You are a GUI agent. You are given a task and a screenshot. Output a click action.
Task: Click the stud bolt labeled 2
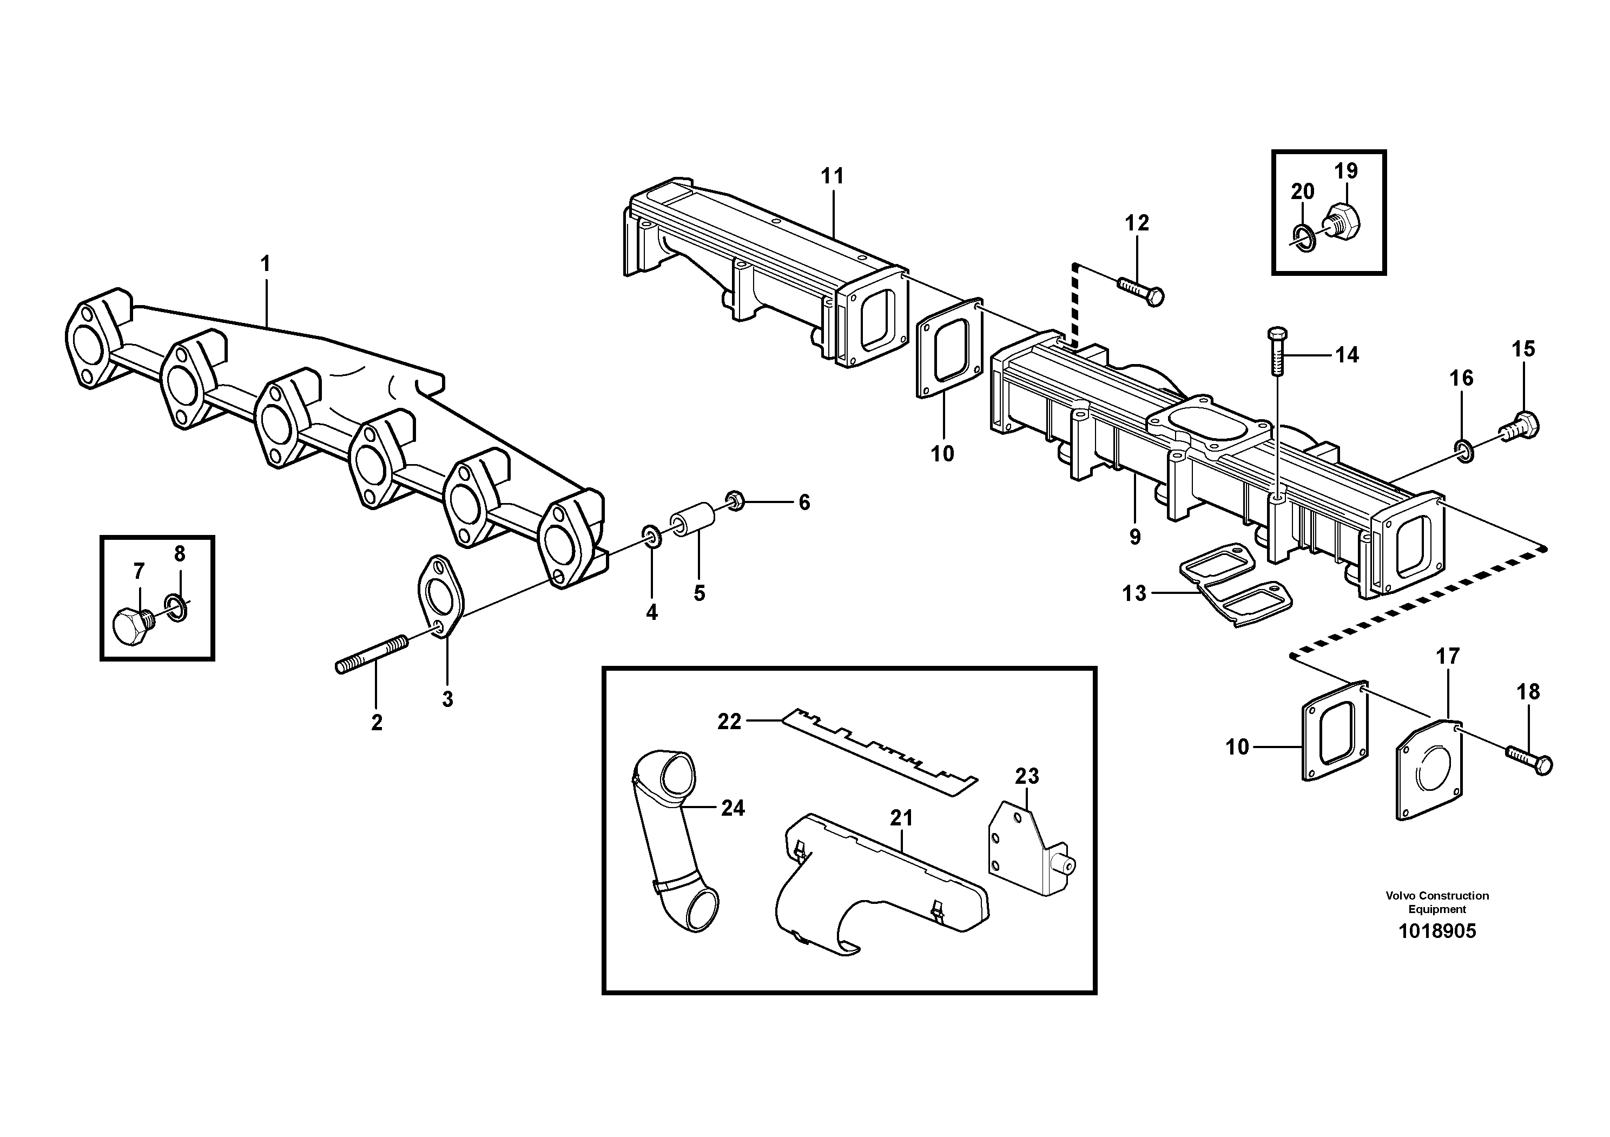point(372,653)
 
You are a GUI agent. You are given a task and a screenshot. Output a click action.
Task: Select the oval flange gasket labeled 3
point(441,596)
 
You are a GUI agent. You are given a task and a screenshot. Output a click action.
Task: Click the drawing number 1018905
point(1437,931)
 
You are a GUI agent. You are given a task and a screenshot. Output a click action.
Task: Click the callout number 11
point(833,176)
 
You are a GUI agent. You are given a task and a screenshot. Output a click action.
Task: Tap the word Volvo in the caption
point(1400,896)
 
